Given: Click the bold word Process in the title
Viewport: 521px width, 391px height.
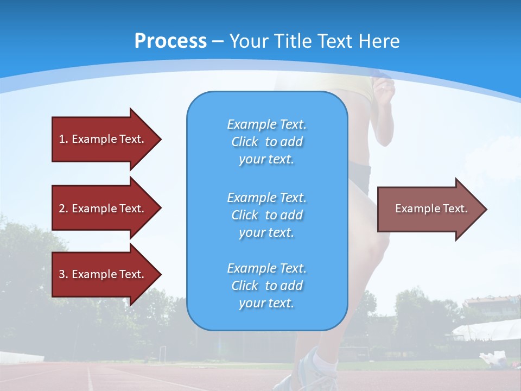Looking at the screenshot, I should pos(170,41).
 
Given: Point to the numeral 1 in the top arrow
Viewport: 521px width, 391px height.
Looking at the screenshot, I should pos(62,139).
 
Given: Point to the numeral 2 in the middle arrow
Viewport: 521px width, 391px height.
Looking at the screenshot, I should pos(62,209).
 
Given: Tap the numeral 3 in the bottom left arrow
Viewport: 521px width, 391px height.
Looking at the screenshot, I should pos(62,274).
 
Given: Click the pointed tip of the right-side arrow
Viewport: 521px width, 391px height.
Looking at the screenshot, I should pos(484,209).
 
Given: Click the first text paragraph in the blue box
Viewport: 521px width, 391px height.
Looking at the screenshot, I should pos(266,142).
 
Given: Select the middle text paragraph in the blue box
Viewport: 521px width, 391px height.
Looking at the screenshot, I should pos(266,215).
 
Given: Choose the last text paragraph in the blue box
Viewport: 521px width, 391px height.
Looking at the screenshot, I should pos(266,286).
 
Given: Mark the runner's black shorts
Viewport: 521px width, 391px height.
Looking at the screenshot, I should pos(359,176).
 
